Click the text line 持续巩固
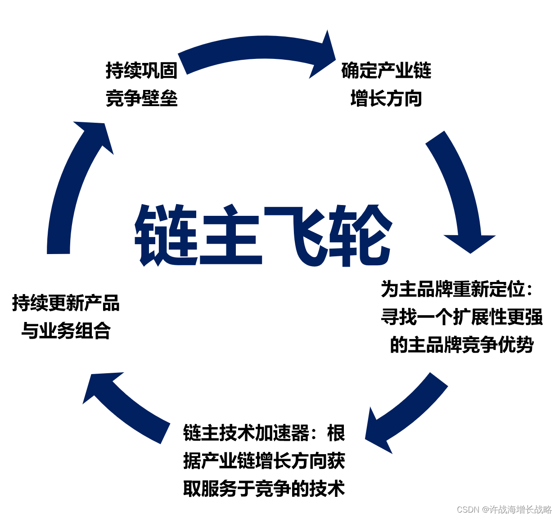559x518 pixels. pos(142,71)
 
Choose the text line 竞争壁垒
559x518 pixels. pos(142,98)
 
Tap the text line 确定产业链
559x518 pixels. pos(386,71)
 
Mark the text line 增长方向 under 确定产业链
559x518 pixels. pos(386,98)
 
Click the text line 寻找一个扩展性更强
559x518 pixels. pos(462,317)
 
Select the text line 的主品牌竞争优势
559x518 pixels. pos(462,345)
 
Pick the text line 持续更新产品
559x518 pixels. pos(66,303)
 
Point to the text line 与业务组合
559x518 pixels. pos(66,331)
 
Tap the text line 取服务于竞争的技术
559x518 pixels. pos(264,489)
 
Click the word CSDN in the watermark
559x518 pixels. pos(468,509)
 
